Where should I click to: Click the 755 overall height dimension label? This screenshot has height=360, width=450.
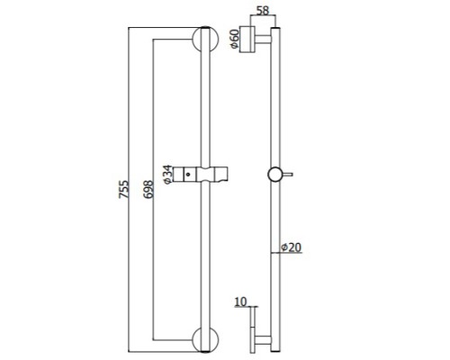(x=124, y=189)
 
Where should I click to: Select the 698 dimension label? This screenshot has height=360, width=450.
(x=148, y=189)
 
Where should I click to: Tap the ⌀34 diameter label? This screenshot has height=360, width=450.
(x=167, y=175)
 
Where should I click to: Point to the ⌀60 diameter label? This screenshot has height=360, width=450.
(x=234, y=39)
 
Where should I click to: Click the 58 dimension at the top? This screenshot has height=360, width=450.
(x=263, y=11)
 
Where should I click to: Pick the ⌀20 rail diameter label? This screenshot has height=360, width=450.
(x=291, y=247)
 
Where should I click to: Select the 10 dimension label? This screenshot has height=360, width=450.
(x=240, y=301)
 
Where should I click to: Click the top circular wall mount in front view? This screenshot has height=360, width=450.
(x=205, y=40)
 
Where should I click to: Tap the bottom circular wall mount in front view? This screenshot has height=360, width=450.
(x=205, y=339)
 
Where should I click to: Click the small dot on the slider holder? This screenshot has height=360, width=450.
(x=188, y=174)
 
